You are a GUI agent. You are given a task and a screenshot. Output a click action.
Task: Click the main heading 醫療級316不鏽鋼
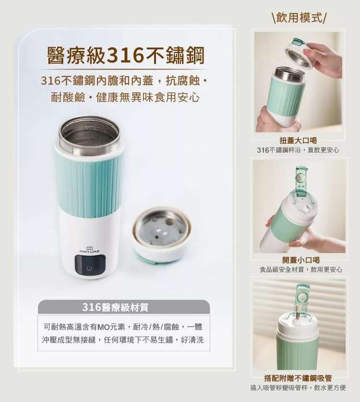click(x=126, y=55)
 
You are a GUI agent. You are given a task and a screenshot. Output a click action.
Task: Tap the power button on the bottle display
click(x=89, y=268)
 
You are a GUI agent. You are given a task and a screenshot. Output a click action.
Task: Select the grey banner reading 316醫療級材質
click(x=124, y=307)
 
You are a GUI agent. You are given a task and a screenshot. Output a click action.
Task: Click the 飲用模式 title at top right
click(x=299, y=18)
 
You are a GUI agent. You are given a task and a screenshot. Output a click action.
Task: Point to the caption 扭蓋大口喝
click(x=298, y=141)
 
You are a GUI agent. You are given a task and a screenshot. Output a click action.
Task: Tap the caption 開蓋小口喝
click(x=301, y=260)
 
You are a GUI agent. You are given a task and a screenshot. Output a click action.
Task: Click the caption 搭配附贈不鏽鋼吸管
click(x=298, y=378)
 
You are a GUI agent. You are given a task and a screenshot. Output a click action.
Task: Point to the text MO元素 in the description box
click(x=111, y=328)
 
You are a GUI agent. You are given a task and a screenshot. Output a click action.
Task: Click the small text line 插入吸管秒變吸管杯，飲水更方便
click(x=298, y=388)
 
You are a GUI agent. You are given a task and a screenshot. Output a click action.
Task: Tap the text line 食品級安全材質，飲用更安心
click(x=301, y=269)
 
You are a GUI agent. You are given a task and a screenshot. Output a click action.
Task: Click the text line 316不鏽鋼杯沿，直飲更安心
click(x=298, y=150)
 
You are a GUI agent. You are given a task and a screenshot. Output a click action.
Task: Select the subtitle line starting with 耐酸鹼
click(x=125, y=97)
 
